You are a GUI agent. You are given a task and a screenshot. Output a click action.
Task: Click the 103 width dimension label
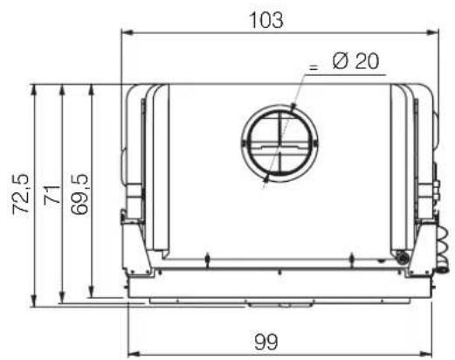[x=266, y=20]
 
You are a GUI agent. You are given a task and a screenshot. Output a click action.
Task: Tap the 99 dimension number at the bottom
[x=266, y=342]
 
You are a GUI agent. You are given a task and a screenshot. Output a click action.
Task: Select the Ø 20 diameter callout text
[x=355, y=61]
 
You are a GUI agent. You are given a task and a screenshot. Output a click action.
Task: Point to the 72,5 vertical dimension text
[x=21, y=195]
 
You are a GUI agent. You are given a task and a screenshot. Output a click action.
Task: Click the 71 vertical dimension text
[x=52, y=195]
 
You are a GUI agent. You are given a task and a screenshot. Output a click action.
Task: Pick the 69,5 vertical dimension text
[x=79, y=195]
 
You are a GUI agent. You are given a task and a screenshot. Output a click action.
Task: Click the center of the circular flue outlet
[x=279, y=143]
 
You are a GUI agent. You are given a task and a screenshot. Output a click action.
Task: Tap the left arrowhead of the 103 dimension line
[x=128, y=32]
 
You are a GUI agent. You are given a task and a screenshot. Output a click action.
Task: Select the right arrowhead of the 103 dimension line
[x=432, y=32]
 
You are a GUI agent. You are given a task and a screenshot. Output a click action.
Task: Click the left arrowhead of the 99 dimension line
[x=134, y=355]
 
